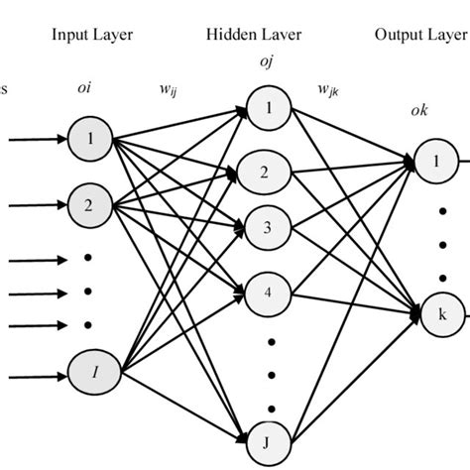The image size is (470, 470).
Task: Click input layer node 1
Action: pos(91,139)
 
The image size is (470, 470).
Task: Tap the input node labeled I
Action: pos(91,373)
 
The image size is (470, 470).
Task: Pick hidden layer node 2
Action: pos(263,173)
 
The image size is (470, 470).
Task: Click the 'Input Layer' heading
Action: pos(92,35)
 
